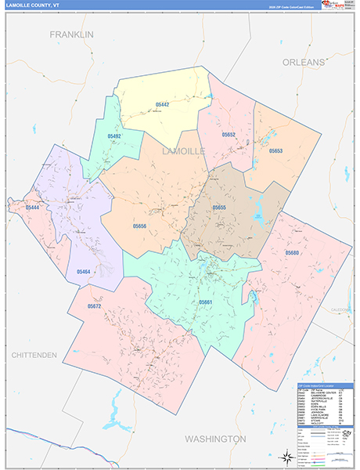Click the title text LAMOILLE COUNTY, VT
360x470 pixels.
click(x=34, y=5)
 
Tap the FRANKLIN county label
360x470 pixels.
click(x=71, y=34)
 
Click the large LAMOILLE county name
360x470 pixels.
click(x=184, y=150)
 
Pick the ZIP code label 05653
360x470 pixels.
click(x=275, y=150)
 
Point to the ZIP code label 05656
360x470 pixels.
click(x=139, y=226)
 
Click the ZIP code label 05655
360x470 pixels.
click(x=219, y=208)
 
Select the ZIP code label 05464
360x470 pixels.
click(x=84, y=271)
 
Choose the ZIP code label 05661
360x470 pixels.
click(x=205, y=302)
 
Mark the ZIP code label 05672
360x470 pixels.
click(x=95, y=305)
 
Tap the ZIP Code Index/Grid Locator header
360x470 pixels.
click(x=322, y=387)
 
